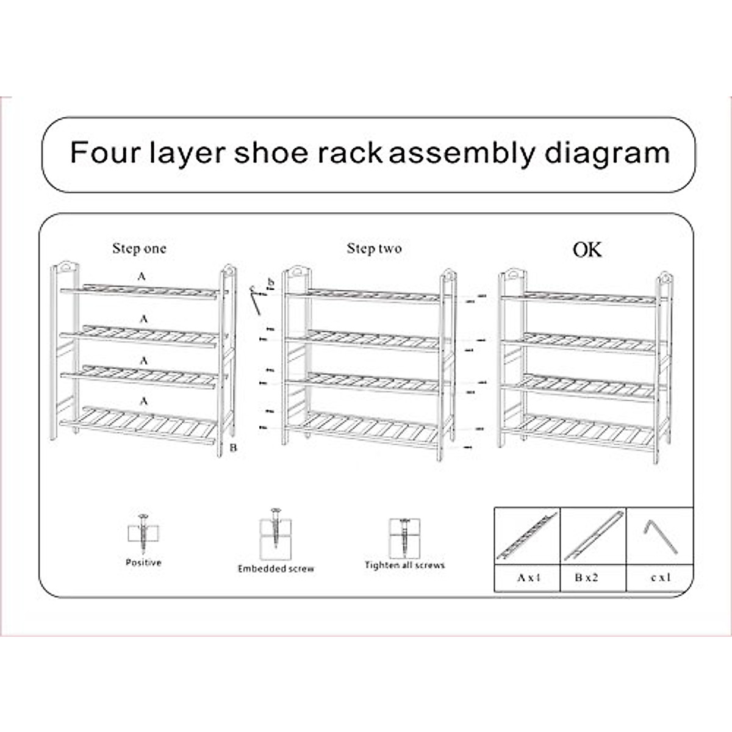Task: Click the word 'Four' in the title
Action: pos(104,152)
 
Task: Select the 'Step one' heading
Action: pos(139,249)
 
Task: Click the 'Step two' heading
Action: pos(374,249)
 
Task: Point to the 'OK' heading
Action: pos(587,249)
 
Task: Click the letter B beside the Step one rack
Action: pos(233,448)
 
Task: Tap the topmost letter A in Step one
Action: pos(142,277)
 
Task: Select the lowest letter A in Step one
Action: pos(144,401)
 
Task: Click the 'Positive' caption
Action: pos(143,562)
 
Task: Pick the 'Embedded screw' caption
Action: pos(276,569)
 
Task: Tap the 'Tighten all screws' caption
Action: pos(404,565)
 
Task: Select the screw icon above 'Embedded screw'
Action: pos(275,531)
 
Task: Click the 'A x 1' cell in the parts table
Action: pos(528,578)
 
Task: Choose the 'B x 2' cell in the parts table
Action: pos(587,578)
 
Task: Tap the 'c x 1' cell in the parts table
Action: pos(660,578)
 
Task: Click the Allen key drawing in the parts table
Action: pos(660,536)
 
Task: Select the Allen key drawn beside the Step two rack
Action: pos(257,300)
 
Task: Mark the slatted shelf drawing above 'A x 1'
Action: pos(526,536)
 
